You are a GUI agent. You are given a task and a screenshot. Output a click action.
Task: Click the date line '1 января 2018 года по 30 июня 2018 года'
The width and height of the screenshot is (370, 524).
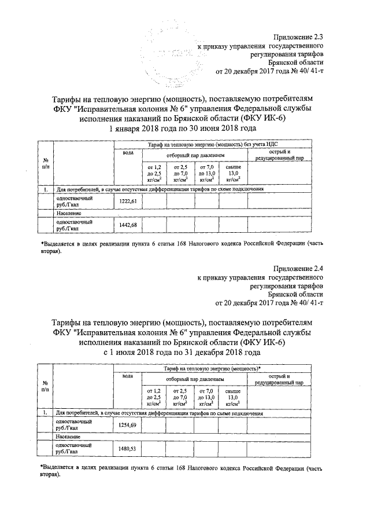click(x=183, y=128)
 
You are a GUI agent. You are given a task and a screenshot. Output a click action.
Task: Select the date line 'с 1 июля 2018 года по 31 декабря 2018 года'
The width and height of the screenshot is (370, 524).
click(x=183, y=352)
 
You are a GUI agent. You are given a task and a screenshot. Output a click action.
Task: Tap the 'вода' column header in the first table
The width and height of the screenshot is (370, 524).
click(x=127, y=152)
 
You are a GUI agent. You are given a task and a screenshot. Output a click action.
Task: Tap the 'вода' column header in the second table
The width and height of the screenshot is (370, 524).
click(x=127, y=376)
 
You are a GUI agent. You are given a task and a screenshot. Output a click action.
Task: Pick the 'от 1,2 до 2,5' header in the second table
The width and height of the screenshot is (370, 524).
click(x=154, y=397)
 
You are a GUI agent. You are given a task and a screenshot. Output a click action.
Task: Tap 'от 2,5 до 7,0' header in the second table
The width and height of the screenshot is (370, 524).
click(x=181, y=397)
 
